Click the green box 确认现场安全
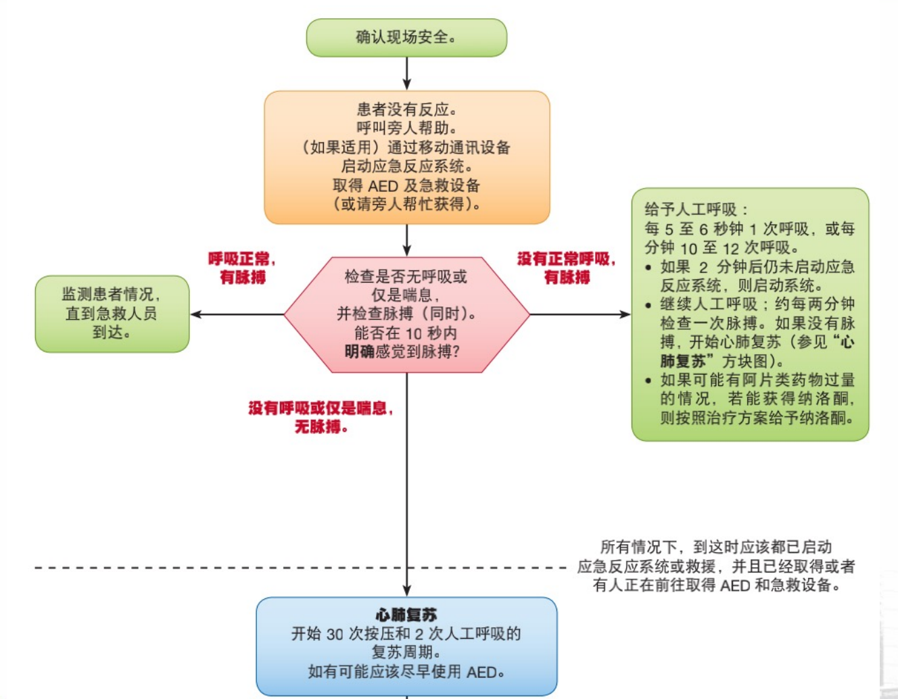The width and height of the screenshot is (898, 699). point(406,38)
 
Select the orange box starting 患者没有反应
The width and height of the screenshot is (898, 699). point(406,157)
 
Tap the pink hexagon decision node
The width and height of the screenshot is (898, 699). point(406,314)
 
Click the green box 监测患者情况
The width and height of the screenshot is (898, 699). point(112,314)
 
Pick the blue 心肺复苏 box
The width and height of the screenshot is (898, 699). point(406,646)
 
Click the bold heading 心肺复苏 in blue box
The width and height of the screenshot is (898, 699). point(406,614)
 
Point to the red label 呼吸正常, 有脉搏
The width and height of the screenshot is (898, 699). point(242,268)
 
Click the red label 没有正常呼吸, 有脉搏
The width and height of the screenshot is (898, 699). point(566,268)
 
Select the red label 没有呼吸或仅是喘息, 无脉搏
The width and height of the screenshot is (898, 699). point(321,417)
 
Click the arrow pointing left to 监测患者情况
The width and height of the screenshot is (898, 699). point(237,314)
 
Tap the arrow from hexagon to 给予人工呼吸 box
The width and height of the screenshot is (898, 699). point(580,314)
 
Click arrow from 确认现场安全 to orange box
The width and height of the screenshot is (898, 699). point(406,74)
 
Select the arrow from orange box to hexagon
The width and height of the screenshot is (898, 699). point(406,241)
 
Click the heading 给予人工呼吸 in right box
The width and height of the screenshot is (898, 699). point(696,210)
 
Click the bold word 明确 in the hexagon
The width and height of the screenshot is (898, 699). point(359,352)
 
